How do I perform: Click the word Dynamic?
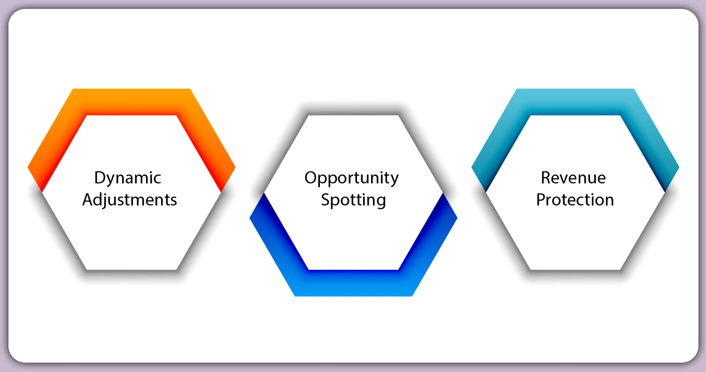pyautogui.click(x=128, y=178)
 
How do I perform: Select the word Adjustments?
pyautogui.click(x=130, y=200)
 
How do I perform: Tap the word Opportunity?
pyautogui.click(x=351, y=178)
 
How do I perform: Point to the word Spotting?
pyautogui.click(x=353, y=200)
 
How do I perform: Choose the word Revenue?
pyautogui.click(x=574, y=178)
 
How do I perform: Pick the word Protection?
pyautogui.click(x=575, y=200)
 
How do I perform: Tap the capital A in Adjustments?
pyautogui.click(x=88, y=199)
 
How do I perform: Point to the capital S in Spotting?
pyautogui.click(x=326, y=199)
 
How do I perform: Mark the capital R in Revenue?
pyautogui.click(x=546, y=178)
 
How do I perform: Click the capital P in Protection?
pyautogui.click(x=541, y=199)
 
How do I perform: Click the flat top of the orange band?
pyautogui.click(x=132, y=101)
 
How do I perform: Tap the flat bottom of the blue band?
pyautogui.click(x=353, y=283)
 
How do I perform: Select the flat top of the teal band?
pyautogui.click(x=575, y=101)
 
